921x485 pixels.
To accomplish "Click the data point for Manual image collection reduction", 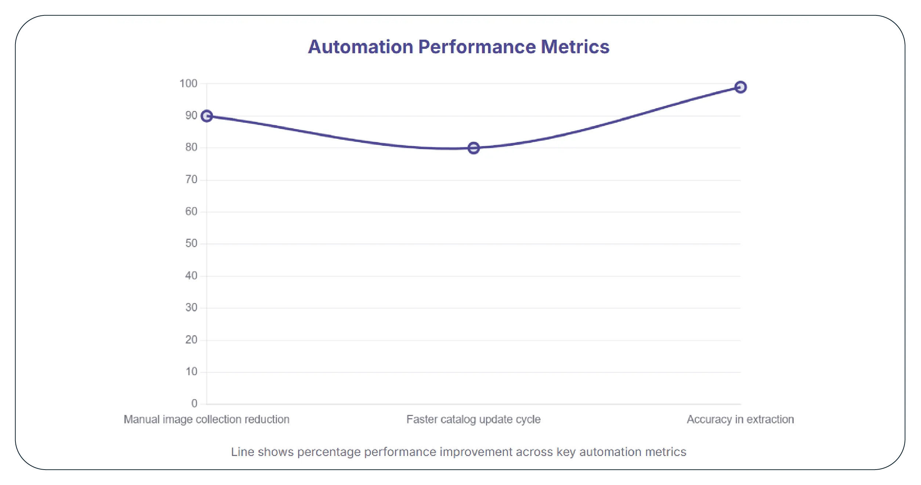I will point(207,116).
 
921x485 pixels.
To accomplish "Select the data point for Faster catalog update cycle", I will point(474,148).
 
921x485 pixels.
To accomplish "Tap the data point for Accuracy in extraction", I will point(740,87).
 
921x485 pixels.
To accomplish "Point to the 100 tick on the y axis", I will point(188,83).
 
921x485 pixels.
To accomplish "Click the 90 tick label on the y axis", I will point(191,116).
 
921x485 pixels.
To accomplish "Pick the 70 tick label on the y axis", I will point(191,180).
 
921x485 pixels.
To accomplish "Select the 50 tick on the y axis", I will point(191,243).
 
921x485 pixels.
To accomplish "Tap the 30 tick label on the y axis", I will point(191,308).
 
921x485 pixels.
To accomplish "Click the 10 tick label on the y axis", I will point(191,372).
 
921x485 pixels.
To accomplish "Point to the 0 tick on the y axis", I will point(194,403).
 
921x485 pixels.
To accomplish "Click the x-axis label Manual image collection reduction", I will point(206,419).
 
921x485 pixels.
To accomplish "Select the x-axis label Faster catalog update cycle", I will point(473,419).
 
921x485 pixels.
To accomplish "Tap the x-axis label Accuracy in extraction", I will point(740,419).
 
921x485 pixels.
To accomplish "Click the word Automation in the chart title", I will point(360,47).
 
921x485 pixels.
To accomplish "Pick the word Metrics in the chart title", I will point(575,47).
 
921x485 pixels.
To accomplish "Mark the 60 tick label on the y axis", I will point(191,211).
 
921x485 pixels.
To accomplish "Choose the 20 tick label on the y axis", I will point(191,340).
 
